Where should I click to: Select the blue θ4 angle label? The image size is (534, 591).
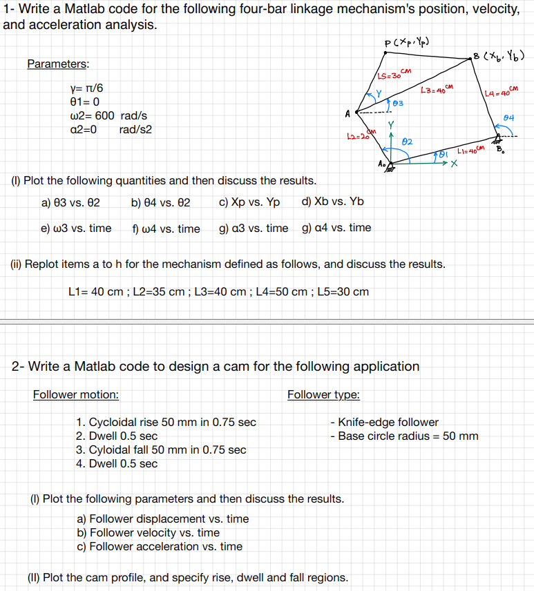tap(510, 117)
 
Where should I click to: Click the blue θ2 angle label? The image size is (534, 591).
tap(408, 141)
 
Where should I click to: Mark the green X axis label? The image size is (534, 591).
tap(453, 164)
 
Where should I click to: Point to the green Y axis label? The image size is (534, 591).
tap(392, 126)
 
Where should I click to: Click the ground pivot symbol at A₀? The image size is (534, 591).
tap(391, 166)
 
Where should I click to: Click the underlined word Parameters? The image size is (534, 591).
tap(58, 64)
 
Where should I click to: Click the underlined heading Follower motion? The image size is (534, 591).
tap(75, 395)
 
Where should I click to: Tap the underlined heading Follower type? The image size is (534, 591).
tap(323, 395)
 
